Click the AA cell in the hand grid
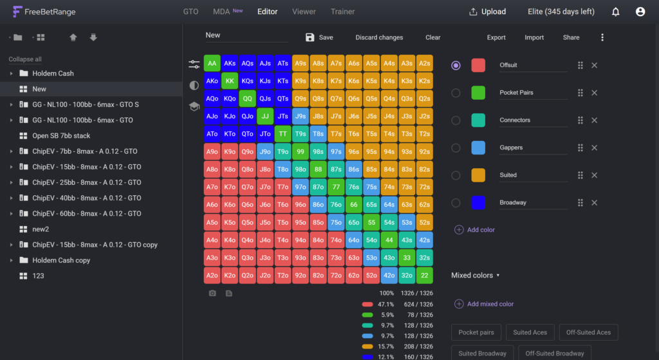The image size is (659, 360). (x=212, y=64)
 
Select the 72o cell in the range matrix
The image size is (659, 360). (x=336, y=276)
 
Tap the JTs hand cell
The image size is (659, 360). (x=283, y=117)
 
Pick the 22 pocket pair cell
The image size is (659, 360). (x=425, y=276)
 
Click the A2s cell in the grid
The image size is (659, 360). (x=425, y=64)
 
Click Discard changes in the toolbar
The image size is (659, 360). (x=379, y=37)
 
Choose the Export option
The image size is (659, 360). (x=496, y=37)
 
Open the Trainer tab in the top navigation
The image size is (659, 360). (x=342, y=12)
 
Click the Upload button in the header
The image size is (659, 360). (x=488, y=12)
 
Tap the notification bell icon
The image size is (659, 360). (x=615, y=12)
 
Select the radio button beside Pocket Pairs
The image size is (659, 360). (x=456, y=93)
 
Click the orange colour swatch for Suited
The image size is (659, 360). (x=478, y=175)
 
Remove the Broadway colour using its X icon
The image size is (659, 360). (x=594, y=203)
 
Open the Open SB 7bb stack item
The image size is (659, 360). (x=61, y=136)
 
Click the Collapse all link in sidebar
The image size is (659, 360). (x=25, y=59)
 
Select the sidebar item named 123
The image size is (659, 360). (x=38, y=276)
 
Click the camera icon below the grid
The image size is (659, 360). (x=212, y=293)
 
